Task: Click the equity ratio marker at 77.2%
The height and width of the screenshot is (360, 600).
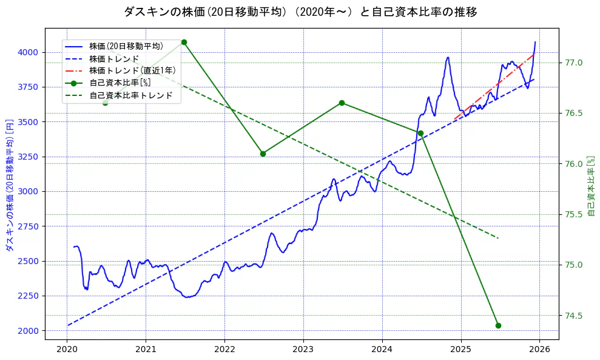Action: (x=184, y=42)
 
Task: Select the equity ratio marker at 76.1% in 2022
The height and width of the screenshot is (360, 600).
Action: (x=263, y=154)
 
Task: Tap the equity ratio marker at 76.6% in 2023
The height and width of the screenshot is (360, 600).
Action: (x=342, y=103)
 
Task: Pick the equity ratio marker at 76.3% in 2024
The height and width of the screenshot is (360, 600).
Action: (x=420, y=133)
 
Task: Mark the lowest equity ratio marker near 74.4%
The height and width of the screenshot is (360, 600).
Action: (x=498, y=325)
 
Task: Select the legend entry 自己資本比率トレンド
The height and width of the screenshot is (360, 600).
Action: (x=131, y=95)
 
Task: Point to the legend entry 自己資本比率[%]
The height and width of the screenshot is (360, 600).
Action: (x=120, y=83)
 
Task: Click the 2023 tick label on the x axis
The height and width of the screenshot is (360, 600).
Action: (x=303, y=349)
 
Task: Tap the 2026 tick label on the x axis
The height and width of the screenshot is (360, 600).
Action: (x=540, y=349)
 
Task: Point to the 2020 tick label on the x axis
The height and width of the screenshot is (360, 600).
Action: (x=67, y=349)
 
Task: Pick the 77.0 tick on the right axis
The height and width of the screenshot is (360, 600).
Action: (x=574, y=63)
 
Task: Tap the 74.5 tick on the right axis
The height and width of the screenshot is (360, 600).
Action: (x=574, y=315)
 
